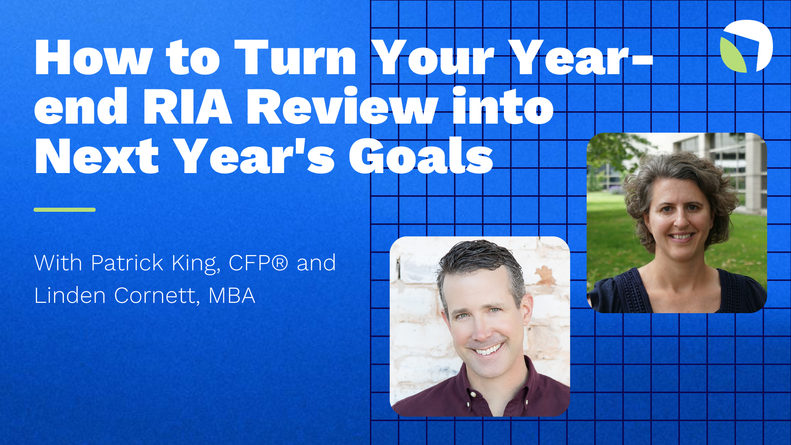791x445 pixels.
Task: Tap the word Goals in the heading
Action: click(x=421, y=157)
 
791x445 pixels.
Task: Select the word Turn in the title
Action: click(x=295, y=58)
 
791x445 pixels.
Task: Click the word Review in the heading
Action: click(x=342, y=107)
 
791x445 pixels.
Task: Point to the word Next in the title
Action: click(x=97, y=157)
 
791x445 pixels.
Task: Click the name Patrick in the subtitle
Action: click(x=127, y=263)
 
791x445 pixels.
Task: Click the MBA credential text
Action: click(x=232, y=295)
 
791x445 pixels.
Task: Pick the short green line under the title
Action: click(x=65, y=210)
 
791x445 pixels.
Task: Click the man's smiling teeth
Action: click(x=489, y=350)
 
